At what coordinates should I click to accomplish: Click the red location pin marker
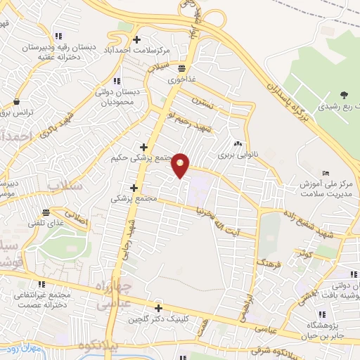(181, 166)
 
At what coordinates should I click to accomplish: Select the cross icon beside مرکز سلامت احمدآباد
(136, 40)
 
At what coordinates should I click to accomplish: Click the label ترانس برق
(15, 112)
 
